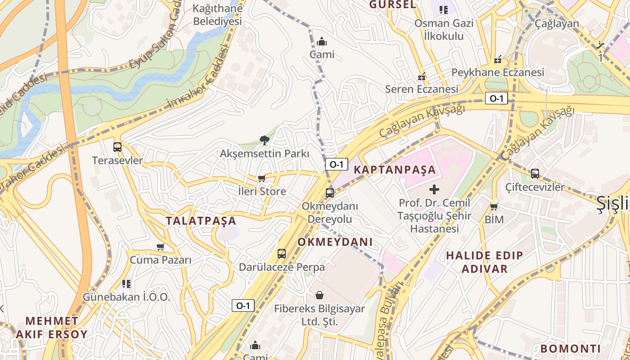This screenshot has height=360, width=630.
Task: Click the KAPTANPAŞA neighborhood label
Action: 395,170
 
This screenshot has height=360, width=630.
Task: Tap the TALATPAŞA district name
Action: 201,221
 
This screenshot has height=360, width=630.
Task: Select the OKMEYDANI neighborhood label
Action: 335,242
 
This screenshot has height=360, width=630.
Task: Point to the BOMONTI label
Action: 571,349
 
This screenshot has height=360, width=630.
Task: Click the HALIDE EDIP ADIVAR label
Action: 484,262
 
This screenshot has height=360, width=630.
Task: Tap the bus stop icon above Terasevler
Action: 117,147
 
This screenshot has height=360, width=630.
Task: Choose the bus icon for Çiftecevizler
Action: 535,173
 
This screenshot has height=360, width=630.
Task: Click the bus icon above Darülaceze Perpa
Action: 282,253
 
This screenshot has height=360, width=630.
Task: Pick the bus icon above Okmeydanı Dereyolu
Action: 330,193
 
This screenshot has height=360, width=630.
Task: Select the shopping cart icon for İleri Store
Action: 262,178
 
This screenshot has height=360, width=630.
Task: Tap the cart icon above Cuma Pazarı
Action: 161,247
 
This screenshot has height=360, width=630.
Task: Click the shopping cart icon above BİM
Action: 494,207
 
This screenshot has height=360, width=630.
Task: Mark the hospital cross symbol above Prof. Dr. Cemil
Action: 434,189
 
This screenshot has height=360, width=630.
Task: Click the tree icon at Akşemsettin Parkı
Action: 265,141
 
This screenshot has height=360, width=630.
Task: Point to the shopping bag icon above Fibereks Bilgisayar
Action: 319,295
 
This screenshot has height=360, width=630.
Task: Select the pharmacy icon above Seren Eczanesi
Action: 422,76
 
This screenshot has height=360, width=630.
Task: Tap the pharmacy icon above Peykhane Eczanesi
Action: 498,59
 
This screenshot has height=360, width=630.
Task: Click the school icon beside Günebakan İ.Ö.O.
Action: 126,284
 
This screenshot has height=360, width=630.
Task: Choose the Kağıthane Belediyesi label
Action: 217,14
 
